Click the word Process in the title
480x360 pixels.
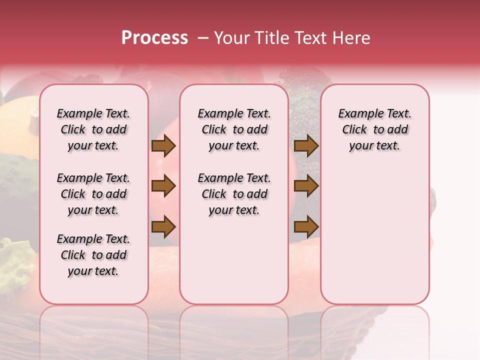point(154,38)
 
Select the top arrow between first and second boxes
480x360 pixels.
point(163,146)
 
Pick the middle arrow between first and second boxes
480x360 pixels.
point(163,186)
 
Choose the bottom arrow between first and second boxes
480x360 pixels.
point(163,227)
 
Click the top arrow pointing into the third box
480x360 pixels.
point(306,146)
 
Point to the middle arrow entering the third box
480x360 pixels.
point(306,186)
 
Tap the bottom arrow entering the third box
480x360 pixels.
point(306,227)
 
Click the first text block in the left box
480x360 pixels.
point(93,130)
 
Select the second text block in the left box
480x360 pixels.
point(93,194)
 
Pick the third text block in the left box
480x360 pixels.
point(93,255)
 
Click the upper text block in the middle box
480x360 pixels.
point(234,130)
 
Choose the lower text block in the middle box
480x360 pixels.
point(234,194)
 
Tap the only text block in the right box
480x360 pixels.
point(374,130)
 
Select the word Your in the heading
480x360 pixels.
point(231,38)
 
